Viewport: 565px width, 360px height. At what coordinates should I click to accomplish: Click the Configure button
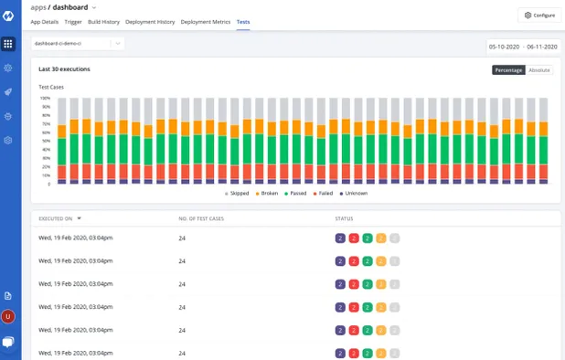(539, 15)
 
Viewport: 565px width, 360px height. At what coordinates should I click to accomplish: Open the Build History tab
(103, 21)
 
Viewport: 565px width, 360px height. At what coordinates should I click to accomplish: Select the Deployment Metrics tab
(206, 21)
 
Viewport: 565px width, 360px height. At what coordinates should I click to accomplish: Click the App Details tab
(44, 21)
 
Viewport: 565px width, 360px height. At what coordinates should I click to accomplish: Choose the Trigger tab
(73, 21)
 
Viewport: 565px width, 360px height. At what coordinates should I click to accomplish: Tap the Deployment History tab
(150, 21)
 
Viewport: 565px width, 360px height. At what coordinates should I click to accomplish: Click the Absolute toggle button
(539, 69)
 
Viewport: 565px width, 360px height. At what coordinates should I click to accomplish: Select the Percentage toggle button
(509, 69)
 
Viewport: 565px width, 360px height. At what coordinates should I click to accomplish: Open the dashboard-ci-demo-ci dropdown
(78, 43)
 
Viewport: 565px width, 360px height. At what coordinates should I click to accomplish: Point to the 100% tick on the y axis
(45, 99)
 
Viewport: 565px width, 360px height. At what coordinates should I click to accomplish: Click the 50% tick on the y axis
(46, 141)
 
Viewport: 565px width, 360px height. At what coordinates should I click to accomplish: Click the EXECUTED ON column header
(56, 218)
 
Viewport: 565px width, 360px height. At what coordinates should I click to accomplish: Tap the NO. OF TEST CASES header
(200, 218)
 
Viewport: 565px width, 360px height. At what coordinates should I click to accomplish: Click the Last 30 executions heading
(64, 69)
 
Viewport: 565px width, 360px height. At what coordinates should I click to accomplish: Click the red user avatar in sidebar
(8, 316)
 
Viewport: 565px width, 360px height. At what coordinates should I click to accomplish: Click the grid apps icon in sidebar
(8, 43)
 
